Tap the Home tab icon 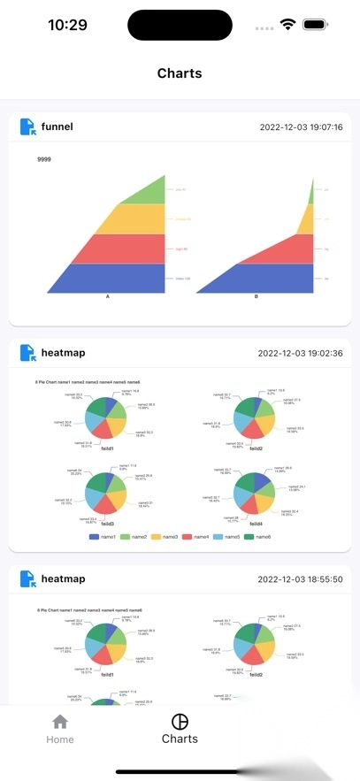(x=59, y=722)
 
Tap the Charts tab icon (x=180, y=721)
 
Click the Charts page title (x=180, y=73)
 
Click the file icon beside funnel (x=27, y=126)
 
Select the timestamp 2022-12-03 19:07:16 (x=301, y=127)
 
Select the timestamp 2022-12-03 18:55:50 (x=301, y=579)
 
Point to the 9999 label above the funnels (x=44, y=159)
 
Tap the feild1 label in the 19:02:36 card (x=108, y=448)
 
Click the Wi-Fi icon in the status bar (x=288, y=25)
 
